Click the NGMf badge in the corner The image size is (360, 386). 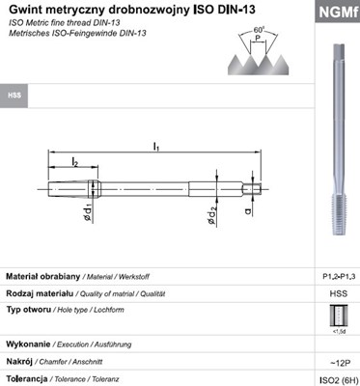click(x=334, y=13)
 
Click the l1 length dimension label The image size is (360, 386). click(x=156, y=146)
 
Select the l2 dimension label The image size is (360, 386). click(x=75, y=161)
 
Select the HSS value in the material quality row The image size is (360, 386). click(x=337, y=294)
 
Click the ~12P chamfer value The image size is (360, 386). click(x=337, y=362)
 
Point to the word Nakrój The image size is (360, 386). click(x=21, y=362)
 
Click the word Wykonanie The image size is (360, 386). click(x=29, y=344)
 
